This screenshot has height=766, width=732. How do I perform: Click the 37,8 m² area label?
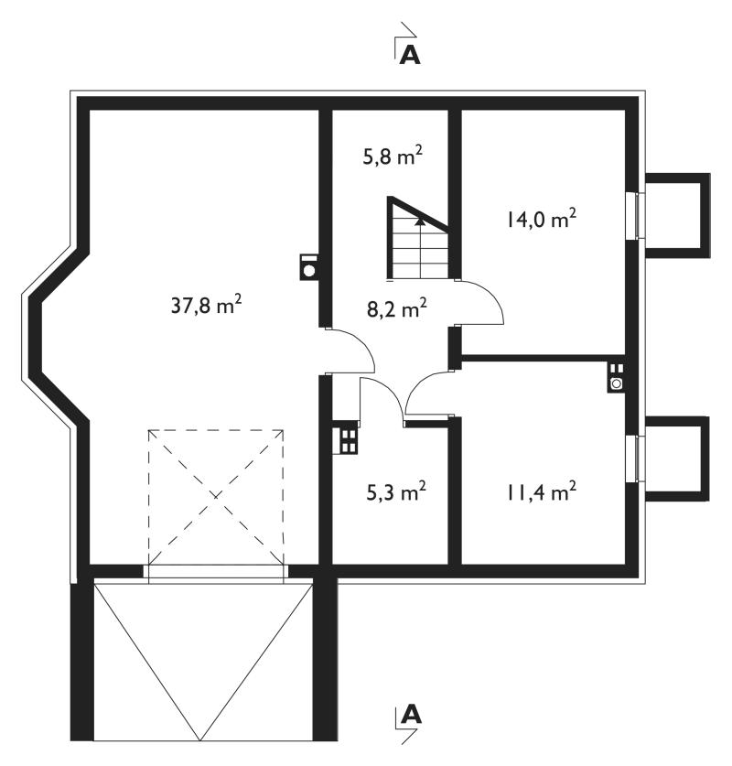coord(206,306)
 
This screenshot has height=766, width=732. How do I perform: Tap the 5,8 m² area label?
coord(393,156)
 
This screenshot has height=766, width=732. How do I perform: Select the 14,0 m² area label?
coord(540,220)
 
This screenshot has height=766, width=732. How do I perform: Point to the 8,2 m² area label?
coord(396,308)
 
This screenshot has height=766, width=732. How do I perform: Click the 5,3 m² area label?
coord(396,492)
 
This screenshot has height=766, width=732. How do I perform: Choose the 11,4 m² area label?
coord(541,492)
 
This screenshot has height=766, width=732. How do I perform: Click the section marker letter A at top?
coord(409,56)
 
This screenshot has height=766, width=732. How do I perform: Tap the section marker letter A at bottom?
coord(410,715)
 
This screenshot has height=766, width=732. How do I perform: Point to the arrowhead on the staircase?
coord(419,221)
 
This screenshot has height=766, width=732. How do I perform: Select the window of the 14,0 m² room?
coord(635,215)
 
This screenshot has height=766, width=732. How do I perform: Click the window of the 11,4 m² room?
coord(635,459)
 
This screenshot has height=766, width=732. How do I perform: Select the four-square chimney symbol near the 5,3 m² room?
coord(346,437)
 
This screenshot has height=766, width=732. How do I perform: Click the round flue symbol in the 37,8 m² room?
coord(308,267)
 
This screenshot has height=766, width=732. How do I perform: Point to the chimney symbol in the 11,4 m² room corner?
coord(617,377)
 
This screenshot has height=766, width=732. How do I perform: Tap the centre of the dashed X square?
coord(216,497)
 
